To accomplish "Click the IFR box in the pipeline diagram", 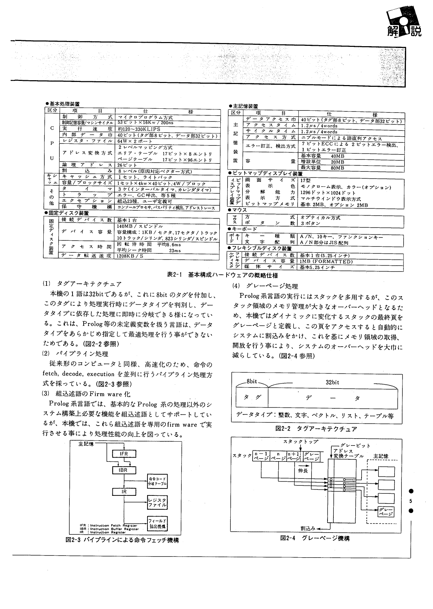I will coord(124,454).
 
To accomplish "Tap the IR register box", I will coord(124,492).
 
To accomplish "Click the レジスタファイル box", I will coord(157,502).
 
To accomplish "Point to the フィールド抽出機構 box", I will coord(157,524).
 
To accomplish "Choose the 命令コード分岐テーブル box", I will coord(157,481).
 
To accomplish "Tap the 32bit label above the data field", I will coord(332,382).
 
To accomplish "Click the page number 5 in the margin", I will coord(410,501).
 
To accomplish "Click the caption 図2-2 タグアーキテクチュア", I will coord(316,429).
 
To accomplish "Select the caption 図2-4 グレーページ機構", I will coord(315,538).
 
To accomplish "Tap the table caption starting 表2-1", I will coord(222,275).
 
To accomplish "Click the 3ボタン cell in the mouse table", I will coord(310,224).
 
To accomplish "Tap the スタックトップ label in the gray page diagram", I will coord(300,442).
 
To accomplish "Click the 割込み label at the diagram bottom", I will coord(308,528).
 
